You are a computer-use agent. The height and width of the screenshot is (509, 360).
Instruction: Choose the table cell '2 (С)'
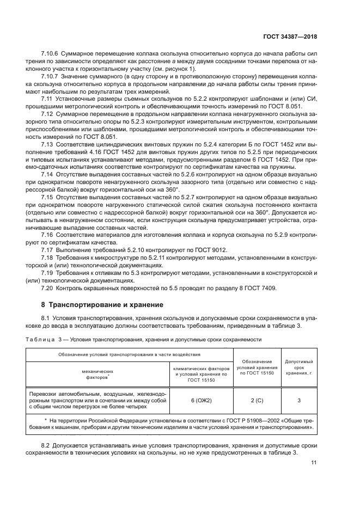pos(257,400)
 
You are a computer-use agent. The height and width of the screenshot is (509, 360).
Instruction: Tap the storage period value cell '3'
pos(298,400)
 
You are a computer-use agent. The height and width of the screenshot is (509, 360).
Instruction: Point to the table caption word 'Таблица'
pos(41,339)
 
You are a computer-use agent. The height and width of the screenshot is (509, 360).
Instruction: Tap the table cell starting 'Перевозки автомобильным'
pos(97,400)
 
